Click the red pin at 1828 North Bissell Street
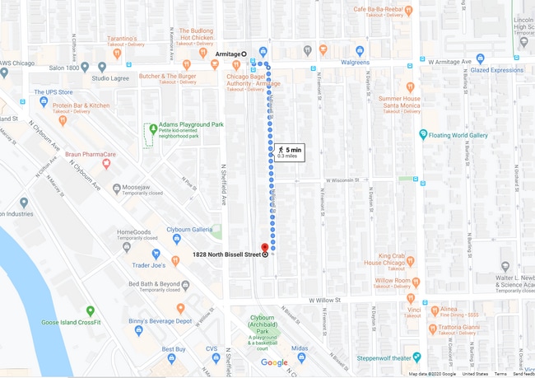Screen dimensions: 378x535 pos(264,247)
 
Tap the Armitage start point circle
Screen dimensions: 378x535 pos(244,54)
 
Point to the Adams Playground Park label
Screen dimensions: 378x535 pos(192,124)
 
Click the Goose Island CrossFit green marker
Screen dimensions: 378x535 pos(91,312)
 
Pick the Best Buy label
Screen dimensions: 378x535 pos(174,349)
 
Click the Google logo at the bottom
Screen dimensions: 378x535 pos(274,362)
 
